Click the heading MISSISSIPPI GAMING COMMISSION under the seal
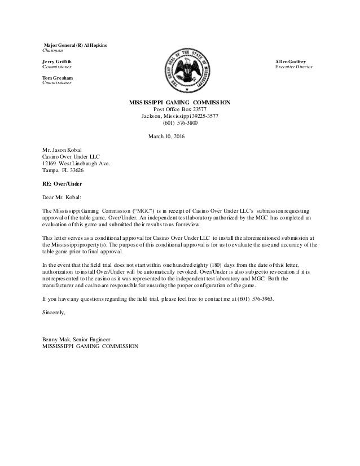pos(180,103)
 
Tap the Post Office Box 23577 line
pos(180,109)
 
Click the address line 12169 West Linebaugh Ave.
pos(76,163)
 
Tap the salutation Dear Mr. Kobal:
pos(62,197)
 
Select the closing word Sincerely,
pos(54,312)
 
